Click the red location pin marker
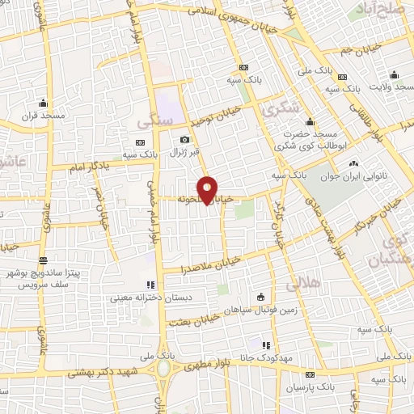click(209, 189)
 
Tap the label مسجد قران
click(42, 116)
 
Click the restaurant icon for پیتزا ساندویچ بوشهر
click(43, 261)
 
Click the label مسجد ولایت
click(391, 86)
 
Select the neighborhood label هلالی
click(305, 283)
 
